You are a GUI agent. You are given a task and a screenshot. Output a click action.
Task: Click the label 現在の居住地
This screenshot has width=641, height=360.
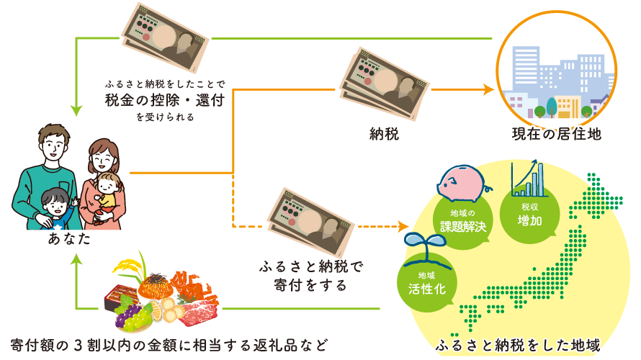(556, 134)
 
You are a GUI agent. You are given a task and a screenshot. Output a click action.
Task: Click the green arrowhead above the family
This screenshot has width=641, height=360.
(77, 112)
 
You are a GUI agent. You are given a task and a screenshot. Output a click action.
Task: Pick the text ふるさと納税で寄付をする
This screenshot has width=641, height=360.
(310, 274)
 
